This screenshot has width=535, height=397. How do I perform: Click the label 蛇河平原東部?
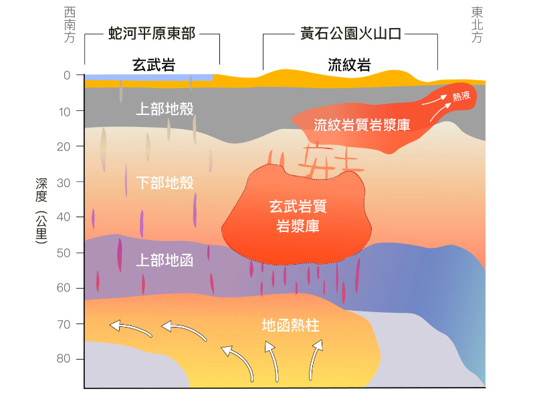pyautogui.click(x=152, y=33)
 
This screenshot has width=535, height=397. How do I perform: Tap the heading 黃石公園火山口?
pyautogui.click(x=350, y=33)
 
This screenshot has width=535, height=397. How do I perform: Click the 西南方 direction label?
pyautogui.click(x=70, y=25)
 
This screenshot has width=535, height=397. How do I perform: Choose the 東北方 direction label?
pyautogui.click(x=477, y=25)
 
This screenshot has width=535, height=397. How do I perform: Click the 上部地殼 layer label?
pyautogui.click(x=165, y=109)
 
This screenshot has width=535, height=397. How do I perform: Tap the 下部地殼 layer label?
pyautogui.click(x=165, y=182)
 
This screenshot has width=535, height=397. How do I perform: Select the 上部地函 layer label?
pyautogui.click(x=165, y=260)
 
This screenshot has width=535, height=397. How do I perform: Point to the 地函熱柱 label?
pyautogui.click(x=291, y=326)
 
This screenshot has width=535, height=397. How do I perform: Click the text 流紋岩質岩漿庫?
pyautogui.click(x=362, y=125)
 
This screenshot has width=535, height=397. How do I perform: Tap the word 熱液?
pyautogui.click(x=461, y=97)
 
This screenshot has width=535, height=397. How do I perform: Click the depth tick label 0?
pyautogui.click(x=67, y=76)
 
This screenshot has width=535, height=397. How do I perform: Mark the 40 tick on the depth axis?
pyautogui.click(x=65, y=217)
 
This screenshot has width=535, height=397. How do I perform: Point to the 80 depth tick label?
pyautogui.click(x=65, y=359)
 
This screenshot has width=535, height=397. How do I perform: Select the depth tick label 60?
pyautogui.click(x=65, y=288)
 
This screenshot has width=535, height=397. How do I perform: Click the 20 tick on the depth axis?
pyautogui.click(x=65, y=146)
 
